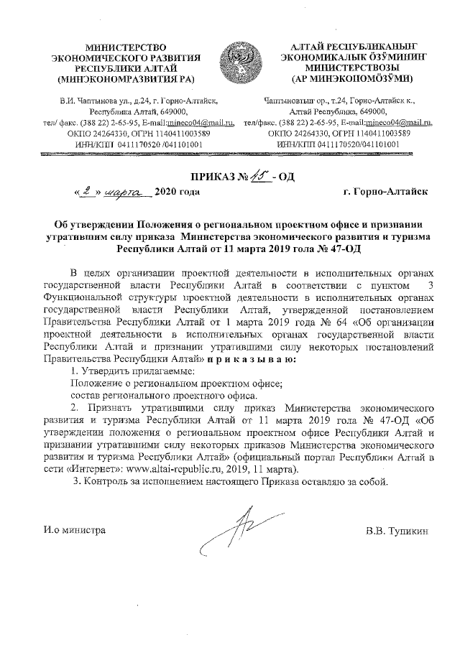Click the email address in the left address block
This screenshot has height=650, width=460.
click(201, 122)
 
